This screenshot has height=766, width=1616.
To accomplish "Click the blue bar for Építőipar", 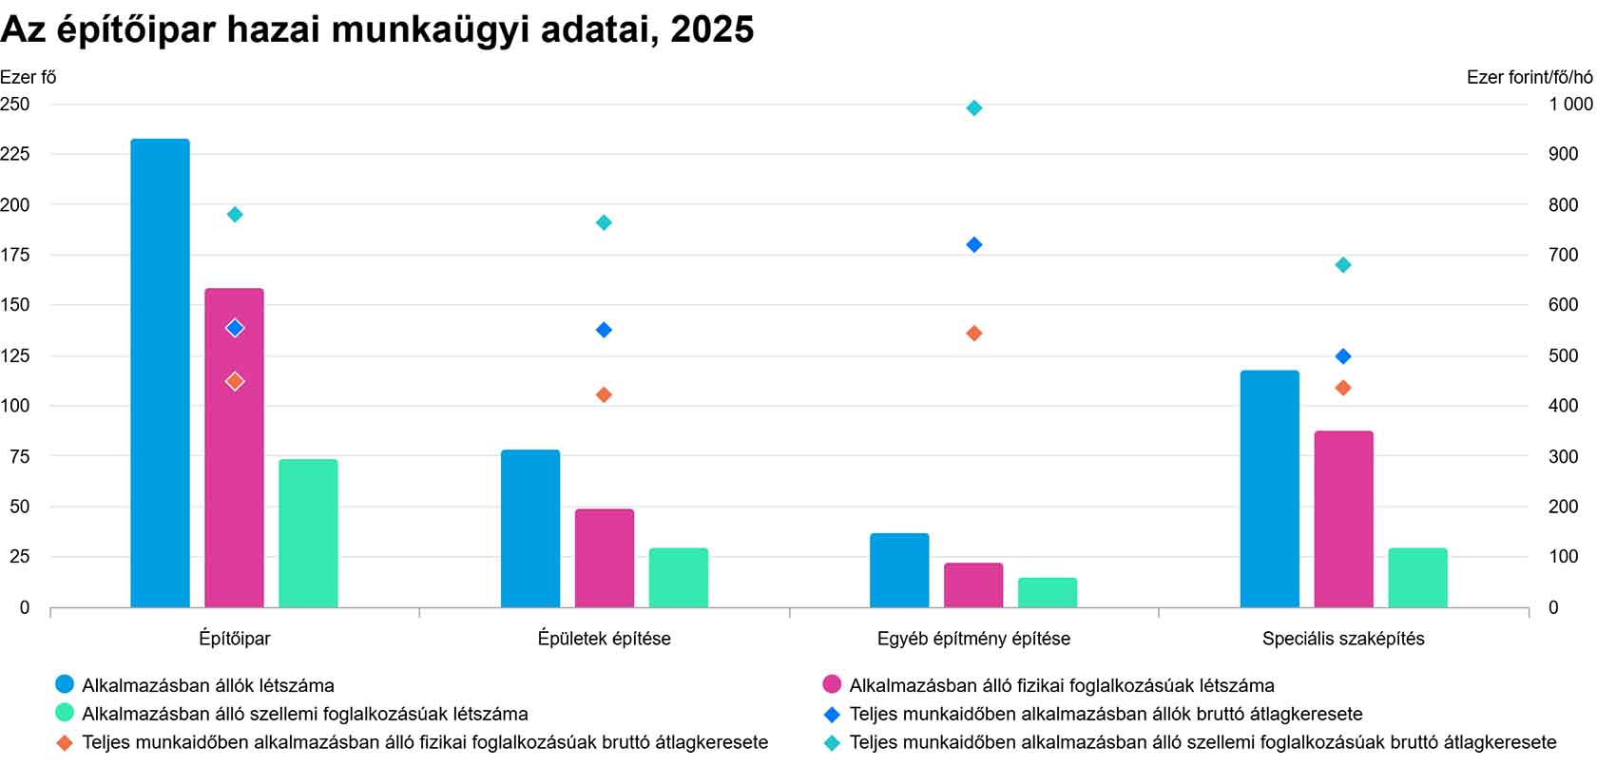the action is pos(160,373).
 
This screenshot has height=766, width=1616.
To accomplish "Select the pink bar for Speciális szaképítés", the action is pos(1343,519).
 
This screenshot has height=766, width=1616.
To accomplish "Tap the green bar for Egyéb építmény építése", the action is pos(1048,592).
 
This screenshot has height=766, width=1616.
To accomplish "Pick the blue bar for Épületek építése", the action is pos(530,528).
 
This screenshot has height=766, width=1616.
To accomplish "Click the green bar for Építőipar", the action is pos(308,533).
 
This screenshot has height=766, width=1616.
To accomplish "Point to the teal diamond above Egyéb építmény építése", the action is pos(974,108).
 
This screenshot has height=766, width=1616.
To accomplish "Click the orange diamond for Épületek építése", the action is pos(604,394).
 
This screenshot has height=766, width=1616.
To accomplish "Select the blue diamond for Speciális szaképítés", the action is pos(1343,356).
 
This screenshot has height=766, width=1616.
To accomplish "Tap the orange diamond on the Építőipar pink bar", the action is pos(235,381).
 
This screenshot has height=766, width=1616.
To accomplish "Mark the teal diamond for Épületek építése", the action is pos(604,223).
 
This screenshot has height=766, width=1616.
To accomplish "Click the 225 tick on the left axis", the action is pos(15,154).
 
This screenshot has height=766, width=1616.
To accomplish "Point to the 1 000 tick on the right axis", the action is pos(1570,105).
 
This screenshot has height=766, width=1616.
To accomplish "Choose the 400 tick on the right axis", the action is pos(1564,406).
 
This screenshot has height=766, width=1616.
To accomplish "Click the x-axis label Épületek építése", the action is pos(604,639).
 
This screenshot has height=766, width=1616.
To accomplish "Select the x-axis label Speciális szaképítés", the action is pos(1343,639).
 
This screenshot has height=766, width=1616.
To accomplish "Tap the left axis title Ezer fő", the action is pos(29,77).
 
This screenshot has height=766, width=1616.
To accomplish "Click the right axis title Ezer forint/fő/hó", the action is pos(1530,77).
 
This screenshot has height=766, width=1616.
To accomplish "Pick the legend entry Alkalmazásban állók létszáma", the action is pos(208,685).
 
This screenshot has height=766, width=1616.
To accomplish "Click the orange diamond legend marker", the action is pos(65,743).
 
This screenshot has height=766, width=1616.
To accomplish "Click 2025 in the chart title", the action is pos(712,29).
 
